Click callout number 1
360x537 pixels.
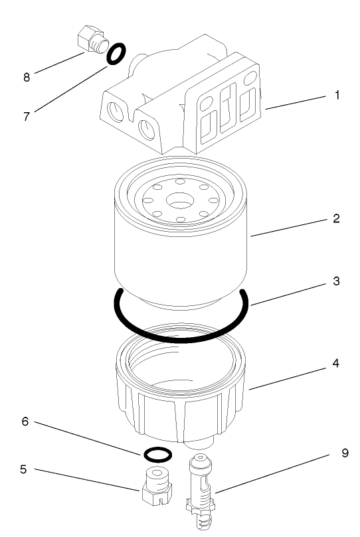click(337, 95)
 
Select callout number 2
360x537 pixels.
click(337, 218)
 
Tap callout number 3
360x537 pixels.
click(337, 281)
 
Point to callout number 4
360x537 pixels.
click(337, 364)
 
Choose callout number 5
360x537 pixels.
click(23, 469)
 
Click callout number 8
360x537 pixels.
click(27, 77)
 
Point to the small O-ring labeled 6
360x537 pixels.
click(157, 455)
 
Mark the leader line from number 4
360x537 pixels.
click(289, 375)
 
